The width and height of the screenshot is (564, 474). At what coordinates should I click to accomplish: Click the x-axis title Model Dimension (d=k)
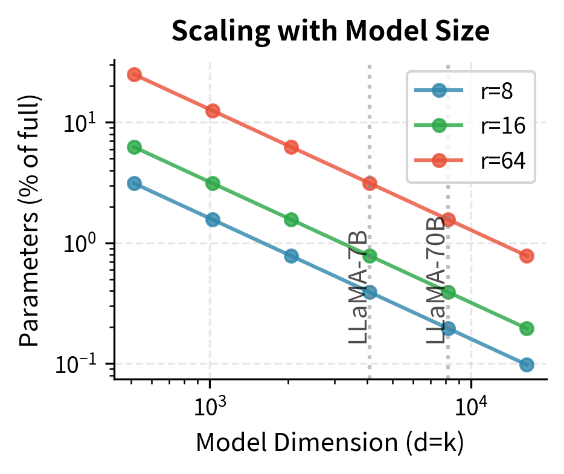pyautogui.click(x=330, y=444)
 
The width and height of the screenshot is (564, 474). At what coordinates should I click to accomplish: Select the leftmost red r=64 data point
pyautogui.click(x=134, y=74)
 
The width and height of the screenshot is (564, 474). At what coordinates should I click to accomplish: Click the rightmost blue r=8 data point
pyautogui.click(x=526, y=365)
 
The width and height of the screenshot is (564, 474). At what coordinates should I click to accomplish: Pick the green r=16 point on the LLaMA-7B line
pyautogui.click(x=370, y=256)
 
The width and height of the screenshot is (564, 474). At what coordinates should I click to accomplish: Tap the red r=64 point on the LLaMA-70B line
pyautogui.click(x=448, y=219)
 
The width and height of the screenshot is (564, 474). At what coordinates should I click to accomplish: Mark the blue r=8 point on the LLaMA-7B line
pyautogui.click(x=370, y=292)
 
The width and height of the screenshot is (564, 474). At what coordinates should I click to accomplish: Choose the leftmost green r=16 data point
pyautogui.click(x=134, y=147)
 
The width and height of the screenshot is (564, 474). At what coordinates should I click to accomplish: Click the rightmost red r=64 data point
pyautogui.click(x=526, y=256)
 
